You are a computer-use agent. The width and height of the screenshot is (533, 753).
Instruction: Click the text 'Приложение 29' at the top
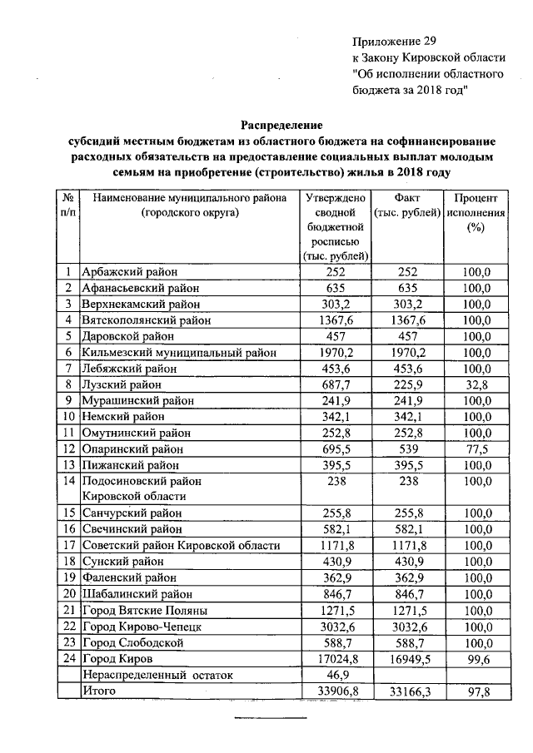(394, 41)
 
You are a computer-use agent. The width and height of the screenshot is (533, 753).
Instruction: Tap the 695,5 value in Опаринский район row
(337, 449)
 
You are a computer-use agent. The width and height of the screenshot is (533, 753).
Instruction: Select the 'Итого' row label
(98, 691)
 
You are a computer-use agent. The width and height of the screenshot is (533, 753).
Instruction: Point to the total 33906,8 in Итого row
(337, 691)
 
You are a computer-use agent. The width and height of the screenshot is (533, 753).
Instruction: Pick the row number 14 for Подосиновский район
(67, 481)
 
